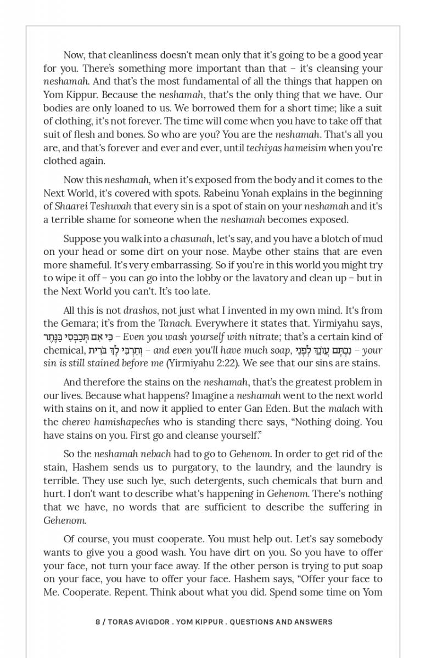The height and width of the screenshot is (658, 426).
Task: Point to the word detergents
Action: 216,480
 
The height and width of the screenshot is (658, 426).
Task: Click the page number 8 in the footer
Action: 98,622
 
